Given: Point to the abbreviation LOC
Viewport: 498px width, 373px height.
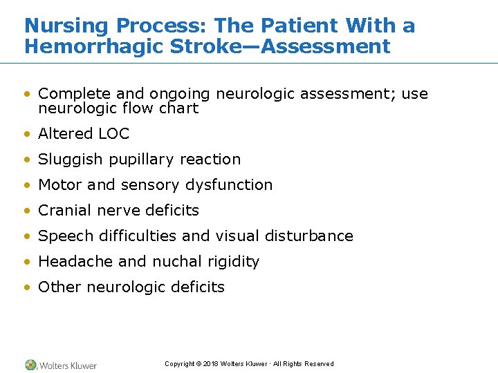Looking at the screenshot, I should (x=113, y=133).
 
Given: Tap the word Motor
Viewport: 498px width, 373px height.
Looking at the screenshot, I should (x=60, y=184).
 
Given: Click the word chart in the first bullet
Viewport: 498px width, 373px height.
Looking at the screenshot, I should (x=180, y=108).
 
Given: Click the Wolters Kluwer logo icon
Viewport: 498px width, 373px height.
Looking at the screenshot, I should (x=31, y=365).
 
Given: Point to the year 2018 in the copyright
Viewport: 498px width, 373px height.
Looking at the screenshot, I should (x=210, y=364).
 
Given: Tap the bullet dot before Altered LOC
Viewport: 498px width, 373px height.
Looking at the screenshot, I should (x=27, y=134).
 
